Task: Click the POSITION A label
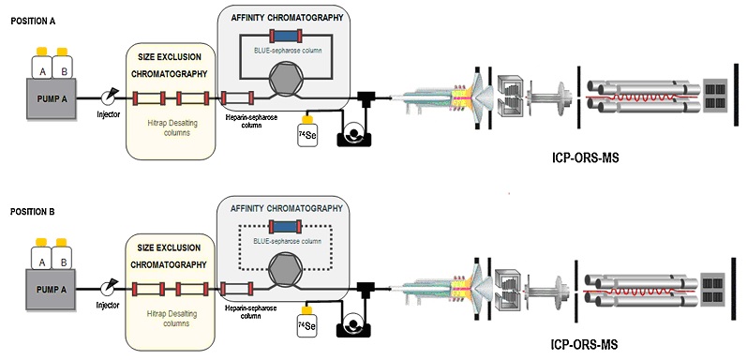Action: coord(33,22)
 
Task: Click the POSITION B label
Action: coord(33,212)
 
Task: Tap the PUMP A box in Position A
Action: coord(52,98)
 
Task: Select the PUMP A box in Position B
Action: coord(51,290)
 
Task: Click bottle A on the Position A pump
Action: coord(41,66)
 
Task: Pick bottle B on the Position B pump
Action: coord(62,257)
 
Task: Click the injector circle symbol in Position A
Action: coord(108,98)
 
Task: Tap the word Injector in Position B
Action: coord(108,306)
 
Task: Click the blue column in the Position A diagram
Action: coord(285,36)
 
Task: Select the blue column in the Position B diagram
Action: coord(285,227)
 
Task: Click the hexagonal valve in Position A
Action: coord(284,81)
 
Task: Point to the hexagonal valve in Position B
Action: coord(284,271)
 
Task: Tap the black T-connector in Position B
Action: coord(366,289)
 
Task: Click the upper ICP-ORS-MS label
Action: coord(585,158)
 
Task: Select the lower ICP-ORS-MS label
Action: coord(584,345)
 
